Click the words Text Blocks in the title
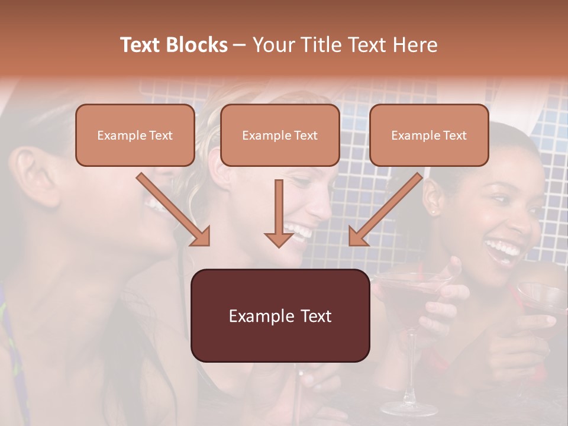pos(173,45)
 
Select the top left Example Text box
pos(135,135)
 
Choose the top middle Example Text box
pos(280,135)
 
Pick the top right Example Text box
pos(429,135)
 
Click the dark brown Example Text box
pos(280,316)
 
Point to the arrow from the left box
pos(173,209)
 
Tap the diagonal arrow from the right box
pos(385,209)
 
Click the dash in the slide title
pos(240,45)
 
